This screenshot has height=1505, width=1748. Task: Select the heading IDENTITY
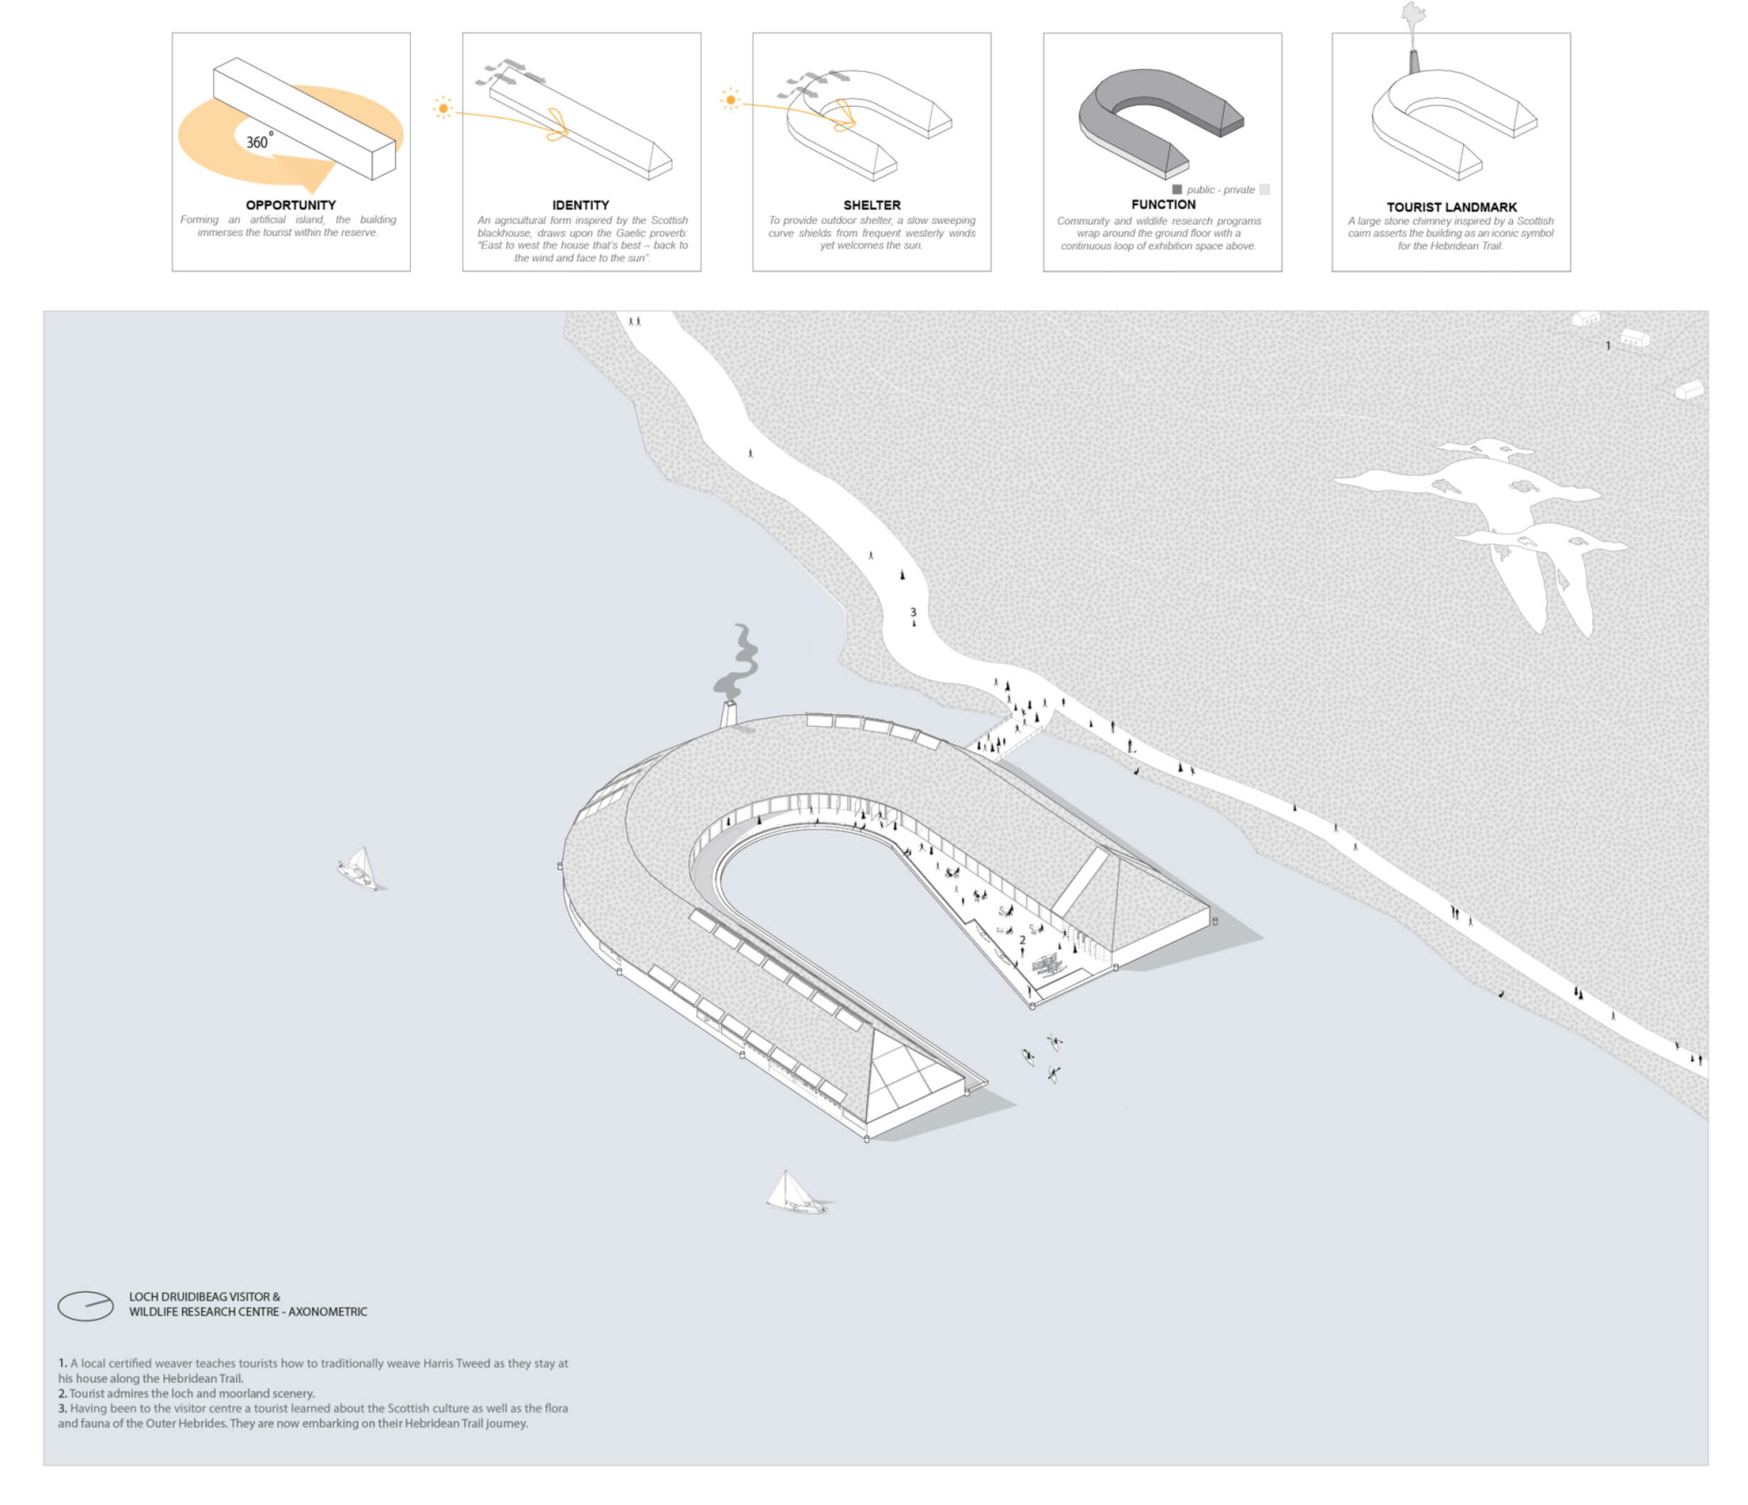(x=581, y=205)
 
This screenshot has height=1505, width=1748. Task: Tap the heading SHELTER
(x=871, y=205)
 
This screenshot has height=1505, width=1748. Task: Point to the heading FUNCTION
(x=1162, y=204)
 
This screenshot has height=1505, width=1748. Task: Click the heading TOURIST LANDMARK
(x=1451, y=207)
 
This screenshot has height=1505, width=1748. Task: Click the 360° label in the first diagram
(x=259, y=141)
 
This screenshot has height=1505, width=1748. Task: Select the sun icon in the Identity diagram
(x=443, y=108)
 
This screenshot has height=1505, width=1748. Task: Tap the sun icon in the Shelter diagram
(x=730, y=99)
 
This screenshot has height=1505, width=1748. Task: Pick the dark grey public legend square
(x=1177, y=190)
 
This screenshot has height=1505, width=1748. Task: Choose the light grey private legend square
(x=1264, y=190)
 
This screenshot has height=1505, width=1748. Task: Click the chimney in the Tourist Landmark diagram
(x=1414, y=62)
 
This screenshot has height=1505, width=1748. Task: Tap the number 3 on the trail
(x=913, y=613)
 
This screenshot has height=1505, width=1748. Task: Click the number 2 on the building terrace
(x=1023, y=940)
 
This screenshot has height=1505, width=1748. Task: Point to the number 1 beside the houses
(x=1608, y=346)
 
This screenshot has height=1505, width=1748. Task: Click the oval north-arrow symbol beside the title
(x=85, y=1306)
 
